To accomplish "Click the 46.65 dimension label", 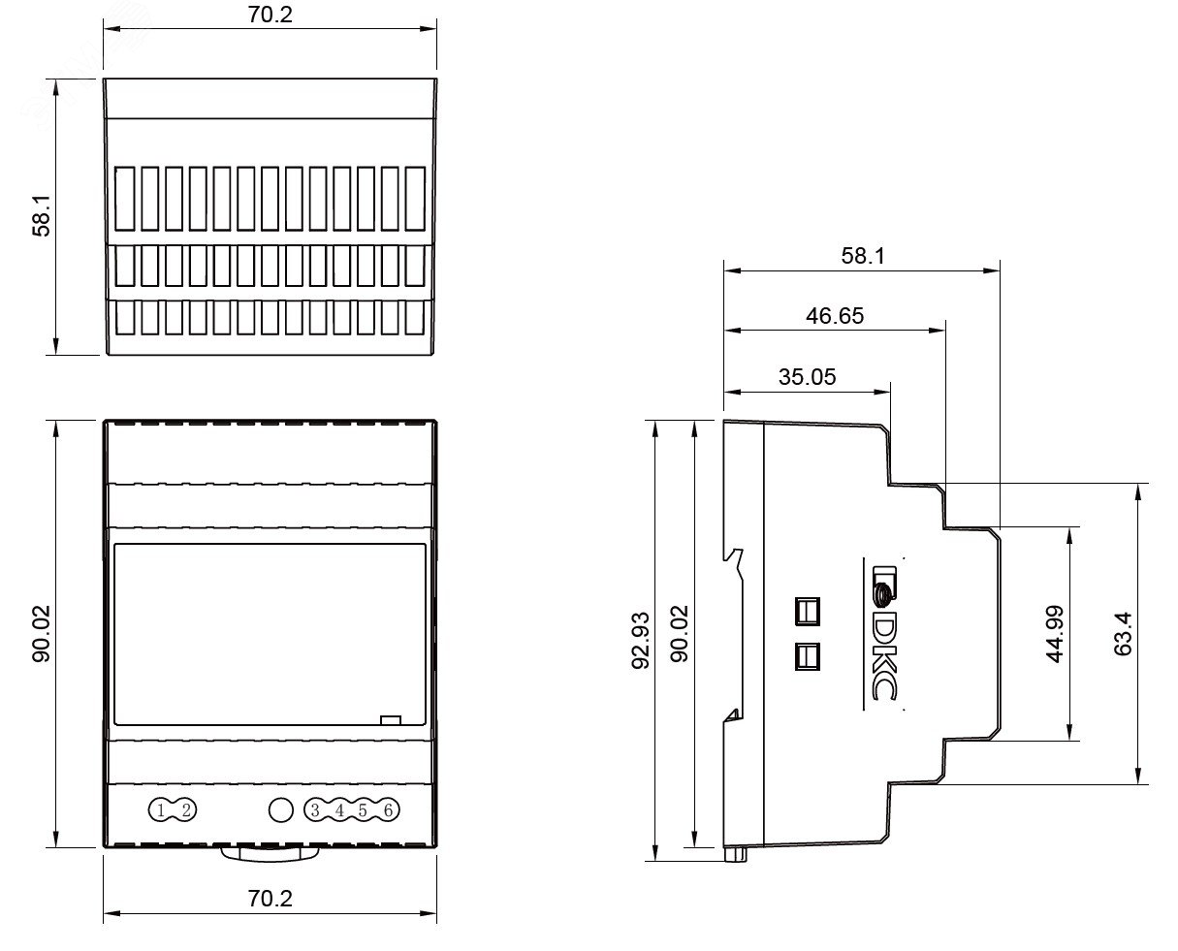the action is (x=834, y=316).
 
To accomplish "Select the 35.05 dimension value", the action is (x=807, y=376).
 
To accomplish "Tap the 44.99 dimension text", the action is (x=1055, y=634).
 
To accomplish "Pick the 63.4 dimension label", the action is (x=1123, y=634).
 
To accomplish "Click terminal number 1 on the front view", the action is (x=160, y=810).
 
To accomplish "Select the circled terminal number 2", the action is (x=186, y=810).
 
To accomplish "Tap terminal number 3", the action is (x=315, y=810).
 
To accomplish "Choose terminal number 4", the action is (x=339, y=810).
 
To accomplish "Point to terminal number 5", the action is (x=363, y=810).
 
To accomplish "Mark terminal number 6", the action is (x=388, y=810).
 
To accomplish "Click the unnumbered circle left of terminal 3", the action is (x=280, y=810).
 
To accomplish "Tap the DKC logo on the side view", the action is (x=883, y=633).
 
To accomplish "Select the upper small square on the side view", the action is (x=807, y=612).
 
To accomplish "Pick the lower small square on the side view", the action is (x=807, y=656).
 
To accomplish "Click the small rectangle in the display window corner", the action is (x=391, y=720).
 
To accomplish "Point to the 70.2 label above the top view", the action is (x=270, y=15).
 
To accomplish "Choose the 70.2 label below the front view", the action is (x=270, y=899).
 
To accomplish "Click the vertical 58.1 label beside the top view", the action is (x=42, y=215).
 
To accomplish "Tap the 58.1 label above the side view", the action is (x=863, y=256).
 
